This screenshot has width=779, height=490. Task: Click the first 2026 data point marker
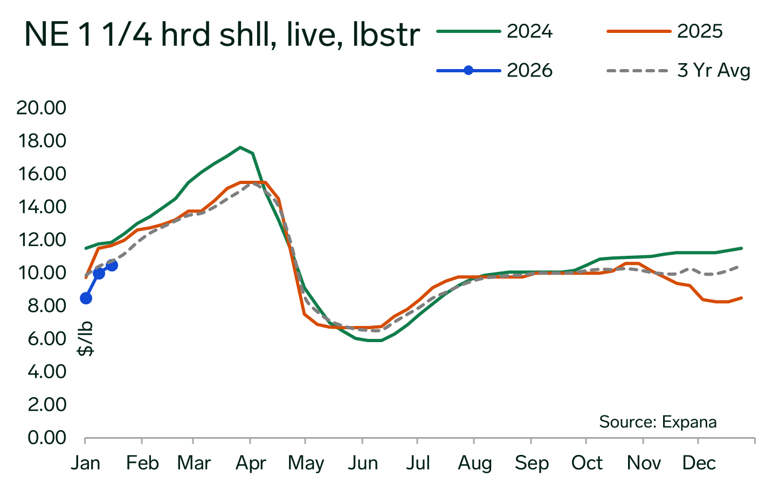[86, 298]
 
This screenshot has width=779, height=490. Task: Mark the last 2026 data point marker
[112, 265]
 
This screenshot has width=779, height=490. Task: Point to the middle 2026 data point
[99, 273]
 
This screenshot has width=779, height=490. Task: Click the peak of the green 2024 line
[240, 147]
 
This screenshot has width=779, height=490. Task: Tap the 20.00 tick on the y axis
[41, 108]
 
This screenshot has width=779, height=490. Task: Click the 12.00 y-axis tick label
[41, 240]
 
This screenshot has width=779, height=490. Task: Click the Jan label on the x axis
[86, 463]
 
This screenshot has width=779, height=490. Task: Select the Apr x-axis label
[251, 463]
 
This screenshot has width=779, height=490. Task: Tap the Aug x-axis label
[474, 463]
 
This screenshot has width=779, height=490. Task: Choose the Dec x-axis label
[699, 463]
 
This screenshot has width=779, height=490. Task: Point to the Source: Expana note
[658, 421]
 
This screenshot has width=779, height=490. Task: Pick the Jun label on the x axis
[362, 463]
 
